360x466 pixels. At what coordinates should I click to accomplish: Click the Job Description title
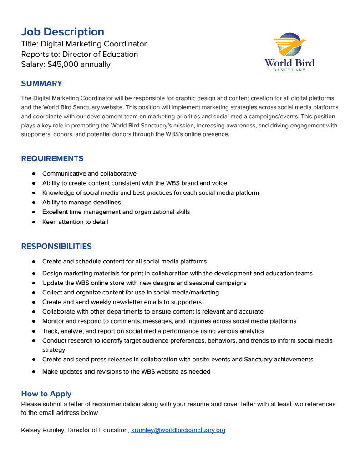tap(62, 32)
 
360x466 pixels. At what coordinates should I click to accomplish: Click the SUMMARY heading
tap(41, 83)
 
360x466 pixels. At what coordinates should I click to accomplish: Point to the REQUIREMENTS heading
tap(52, 158)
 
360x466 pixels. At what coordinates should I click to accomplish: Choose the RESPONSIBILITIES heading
tap(56, 246)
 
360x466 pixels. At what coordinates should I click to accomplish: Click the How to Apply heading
tap(46, 394)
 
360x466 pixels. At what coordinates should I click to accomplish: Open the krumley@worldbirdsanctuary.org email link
tap(178, 430)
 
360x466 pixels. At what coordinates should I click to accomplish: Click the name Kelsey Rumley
tap(43, 430)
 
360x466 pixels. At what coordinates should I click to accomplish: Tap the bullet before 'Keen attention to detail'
tap(34, 222)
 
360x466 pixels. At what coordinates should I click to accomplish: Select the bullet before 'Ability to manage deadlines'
tap(34, 203)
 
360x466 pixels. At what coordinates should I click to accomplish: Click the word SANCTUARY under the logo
tap(289, 70)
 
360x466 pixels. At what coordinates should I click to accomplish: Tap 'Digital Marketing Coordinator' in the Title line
tap(94, 44)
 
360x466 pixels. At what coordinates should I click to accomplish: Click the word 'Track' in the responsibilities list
tap(50, 331)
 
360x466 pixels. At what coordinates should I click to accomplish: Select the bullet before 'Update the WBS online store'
tap(34, 283)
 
